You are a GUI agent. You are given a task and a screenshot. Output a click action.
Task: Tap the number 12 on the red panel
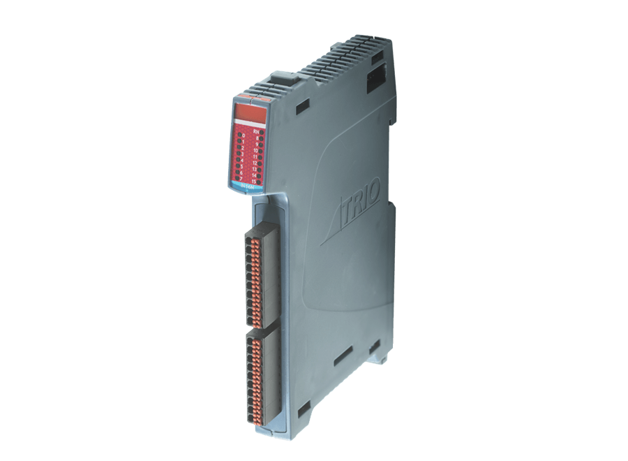tap(255, 162)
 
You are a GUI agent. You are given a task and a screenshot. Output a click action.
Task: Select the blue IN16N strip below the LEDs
tap(248, 188)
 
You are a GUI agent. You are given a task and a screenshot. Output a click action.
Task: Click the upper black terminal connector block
tap(262, 277)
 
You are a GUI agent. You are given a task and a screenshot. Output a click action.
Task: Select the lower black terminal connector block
tap(262, 381)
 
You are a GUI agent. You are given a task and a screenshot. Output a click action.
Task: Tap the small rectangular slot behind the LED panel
tap(302, 107)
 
